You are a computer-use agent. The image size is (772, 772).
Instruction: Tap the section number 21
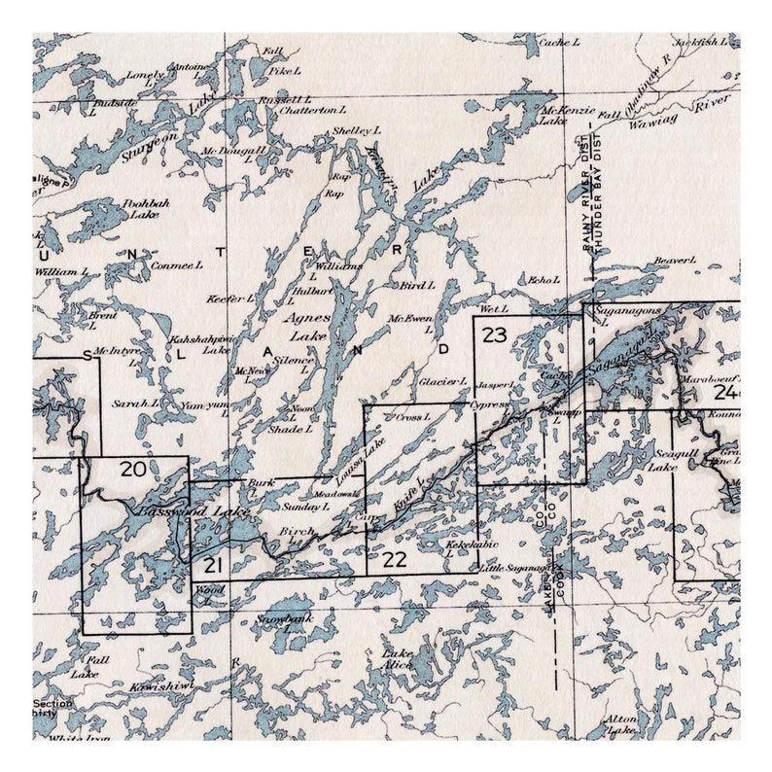[214, 565]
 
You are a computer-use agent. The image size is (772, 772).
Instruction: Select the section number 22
[395, 558]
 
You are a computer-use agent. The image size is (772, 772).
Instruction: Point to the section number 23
[495, 335]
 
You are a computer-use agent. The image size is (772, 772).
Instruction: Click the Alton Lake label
[621, 723]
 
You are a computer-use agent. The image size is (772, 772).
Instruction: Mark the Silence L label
[295, 363]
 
